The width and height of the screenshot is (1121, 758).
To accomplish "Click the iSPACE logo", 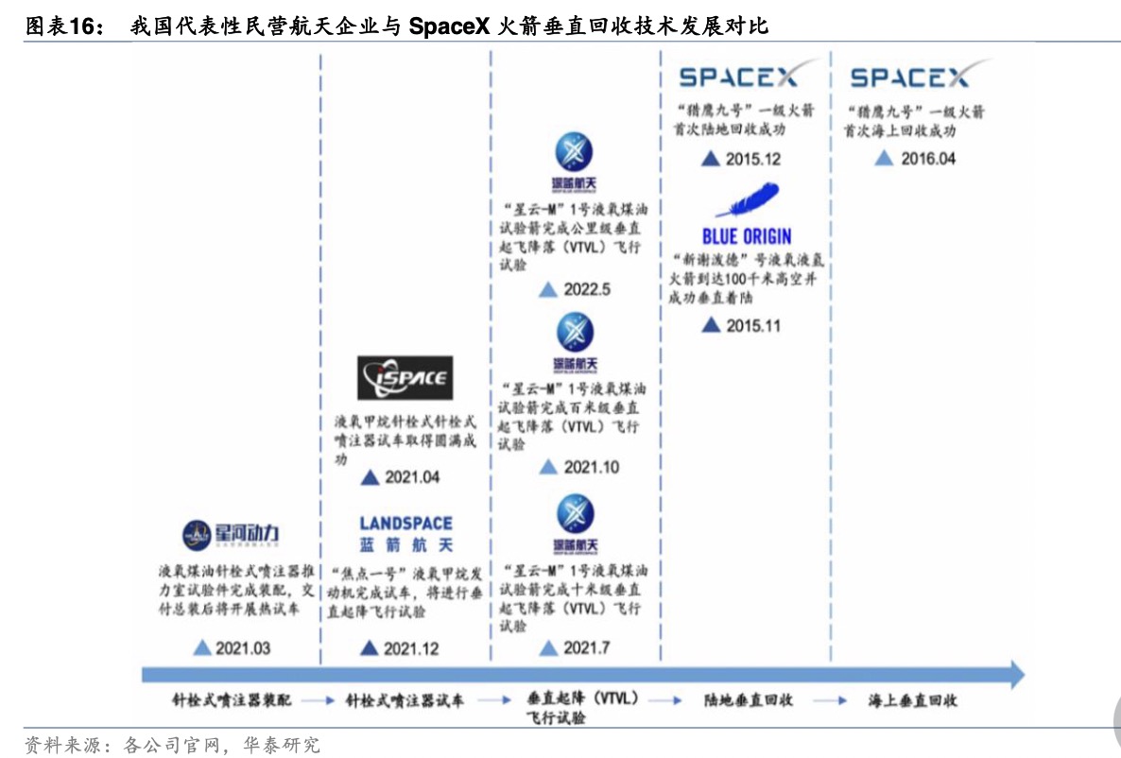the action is pyautogui.click(x=405, y=379).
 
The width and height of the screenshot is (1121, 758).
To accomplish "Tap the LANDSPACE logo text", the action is pyautogui.click(x=405, y=524).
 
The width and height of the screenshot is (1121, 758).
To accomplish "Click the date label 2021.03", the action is pyautogui.click(x=243, y=648).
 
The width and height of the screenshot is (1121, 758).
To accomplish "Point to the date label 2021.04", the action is pyautogui.click(x=412, y=477).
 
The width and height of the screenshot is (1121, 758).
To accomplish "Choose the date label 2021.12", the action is pyautogui.click(x=411, y=648).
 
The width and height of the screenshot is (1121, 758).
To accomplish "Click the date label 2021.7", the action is pyautogui.click(x=587, y=648).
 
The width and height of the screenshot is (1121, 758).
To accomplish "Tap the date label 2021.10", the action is pyautogui.click(x=592, y=467).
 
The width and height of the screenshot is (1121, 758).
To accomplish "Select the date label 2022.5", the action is pyautogui.click(x=587, y=289).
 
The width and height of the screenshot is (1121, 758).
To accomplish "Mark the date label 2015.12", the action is pyautogui.click(x=753, y=159).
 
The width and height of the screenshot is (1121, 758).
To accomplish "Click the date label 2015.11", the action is pyautogui.click(x=753, y=326).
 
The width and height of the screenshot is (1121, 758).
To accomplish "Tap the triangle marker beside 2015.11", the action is pyautogui.click(x=711, y=326).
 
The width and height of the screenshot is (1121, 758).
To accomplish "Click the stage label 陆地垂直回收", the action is pyautogui.click(x=749, y=700).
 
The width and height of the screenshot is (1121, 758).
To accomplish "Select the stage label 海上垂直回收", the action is pyautogui.click(x=913, y=700).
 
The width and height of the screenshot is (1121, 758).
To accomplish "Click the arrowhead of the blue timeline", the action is pyautogui.click(x=1016, y=674).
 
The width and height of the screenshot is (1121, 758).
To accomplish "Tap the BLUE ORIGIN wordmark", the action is pyautogui.click(x=747, y=236).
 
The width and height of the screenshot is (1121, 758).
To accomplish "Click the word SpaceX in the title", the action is pyautogui.click(x=449, y=27).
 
